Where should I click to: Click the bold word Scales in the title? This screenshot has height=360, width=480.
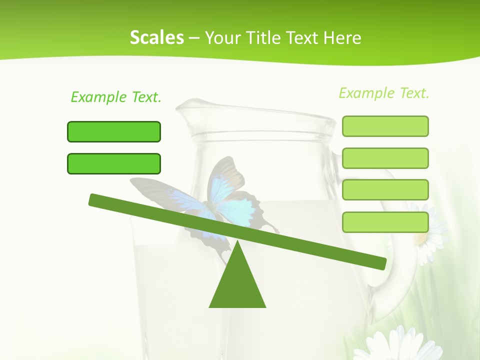click(156, 37)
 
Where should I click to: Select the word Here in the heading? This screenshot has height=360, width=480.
click(342, 37)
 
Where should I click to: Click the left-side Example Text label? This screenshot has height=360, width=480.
click(116, 97)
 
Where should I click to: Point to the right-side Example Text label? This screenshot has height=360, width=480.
click(384, 93)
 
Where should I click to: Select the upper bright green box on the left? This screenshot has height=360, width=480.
click(114, 131)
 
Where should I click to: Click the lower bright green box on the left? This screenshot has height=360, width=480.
click(114, 163)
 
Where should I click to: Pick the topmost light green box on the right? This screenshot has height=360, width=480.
click(385, 126)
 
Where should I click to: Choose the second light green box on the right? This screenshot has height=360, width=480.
click(385, 158)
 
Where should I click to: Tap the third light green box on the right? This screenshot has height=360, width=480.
click(385, 189)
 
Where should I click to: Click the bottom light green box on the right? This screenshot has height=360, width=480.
click(385, 222)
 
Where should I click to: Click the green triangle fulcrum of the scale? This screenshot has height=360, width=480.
click(237, 280)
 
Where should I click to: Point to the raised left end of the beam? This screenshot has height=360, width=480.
click(95, 200)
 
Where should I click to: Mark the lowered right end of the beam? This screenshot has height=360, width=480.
click(380, 263)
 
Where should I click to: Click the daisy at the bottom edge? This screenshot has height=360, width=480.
click(400, 345)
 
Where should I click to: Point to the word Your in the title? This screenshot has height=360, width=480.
click(220, 37)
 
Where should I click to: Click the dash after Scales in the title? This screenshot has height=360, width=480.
click(194, 38)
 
